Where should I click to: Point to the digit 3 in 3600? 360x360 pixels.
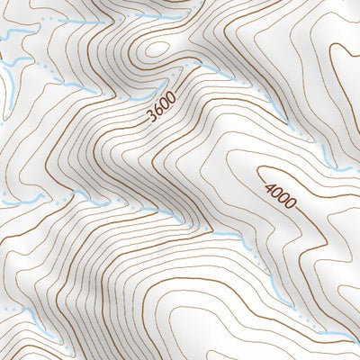pyautogui.click(x=148, y=117)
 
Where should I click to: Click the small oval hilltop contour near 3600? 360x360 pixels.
pyautogui.click(x=157, y=49)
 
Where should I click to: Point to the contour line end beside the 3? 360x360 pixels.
pyautogui.click(x=143, y=123)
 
